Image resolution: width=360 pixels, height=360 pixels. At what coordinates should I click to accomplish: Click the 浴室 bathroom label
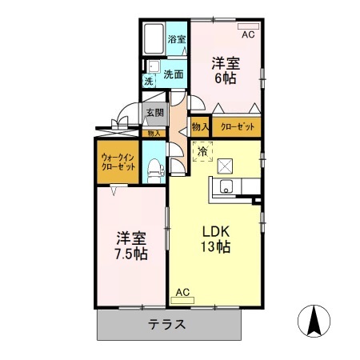point(176,38)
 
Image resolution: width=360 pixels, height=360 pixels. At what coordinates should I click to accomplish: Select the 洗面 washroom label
point(174,74)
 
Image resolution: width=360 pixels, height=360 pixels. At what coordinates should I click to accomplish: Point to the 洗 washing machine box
point(149,81)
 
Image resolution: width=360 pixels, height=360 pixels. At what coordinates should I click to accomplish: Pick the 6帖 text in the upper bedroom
point(224,79)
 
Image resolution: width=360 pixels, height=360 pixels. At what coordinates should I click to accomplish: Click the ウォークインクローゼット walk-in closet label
point(117,162)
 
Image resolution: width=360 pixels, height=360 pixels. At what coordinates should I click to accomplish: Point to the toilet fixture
point(156,168)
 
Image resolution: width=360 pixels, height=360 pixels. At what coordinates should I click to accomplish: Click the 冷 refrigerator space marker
point(202,150)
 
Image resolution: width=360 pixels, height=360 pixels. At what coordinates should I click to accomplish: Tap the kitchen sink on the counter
point(225,189)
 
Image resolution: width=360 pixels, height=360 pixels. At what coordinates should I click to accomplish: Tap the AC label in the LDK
point(182,294)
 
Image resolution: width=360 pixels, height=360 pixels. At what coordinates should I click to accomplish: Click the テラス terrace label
point(168,325)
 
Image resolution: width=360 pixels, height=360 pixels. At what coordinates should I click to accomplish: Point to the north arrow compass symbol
point(314,322)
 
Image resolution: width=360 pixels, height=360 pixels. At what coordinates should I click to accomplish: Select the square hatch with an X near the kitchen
point(226,166)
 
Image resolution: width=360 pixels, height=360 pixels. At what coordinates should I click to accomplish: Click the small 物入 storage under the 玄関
point(154,134)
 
